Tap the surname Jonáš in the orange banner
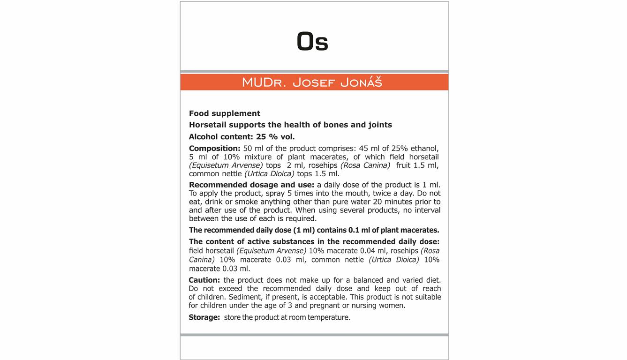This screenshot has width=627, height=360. (x=361, y=82)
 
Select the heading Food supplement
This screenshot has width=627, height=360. (x=225, y=113)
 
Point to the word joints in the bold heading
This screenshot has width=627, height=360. (x=380, y=125)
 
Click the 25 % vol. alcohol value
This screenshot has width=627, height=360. (x=275, y=137)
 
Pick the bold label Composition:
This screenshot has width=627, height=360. (x=214, y=148)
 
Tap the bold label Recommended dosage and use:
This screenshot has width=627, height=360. (x=251, y=185)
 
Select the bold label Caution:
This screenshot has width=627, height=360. (x=204, y=280)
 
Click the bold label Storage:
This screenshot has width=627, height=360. (x=204, y=317)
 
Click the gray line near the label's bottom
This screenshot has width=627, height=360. (x=314, y=335)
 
